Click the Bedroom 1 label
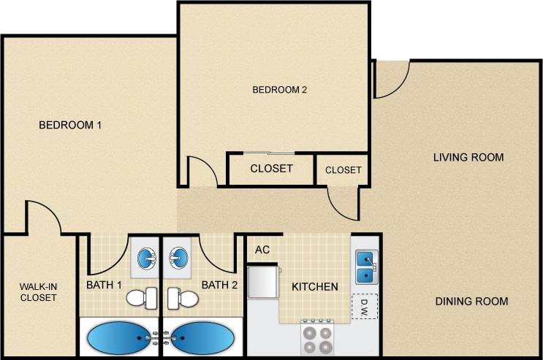coord(69,125)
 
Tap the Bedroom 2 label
coord(279,90)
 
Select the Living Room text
coord(468,157)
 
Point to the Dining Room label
coord(471,301)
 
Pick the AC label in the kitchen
coord(262,250)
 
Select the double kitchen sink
coord(365,267)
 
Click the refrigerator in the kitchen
coord(262,283)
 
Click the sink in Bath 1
coord(147,258)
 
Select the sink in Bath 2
coord(177,258)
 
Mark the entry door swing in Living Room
coord(391,80)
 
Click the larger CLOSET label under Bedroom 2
coord(271,169)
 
